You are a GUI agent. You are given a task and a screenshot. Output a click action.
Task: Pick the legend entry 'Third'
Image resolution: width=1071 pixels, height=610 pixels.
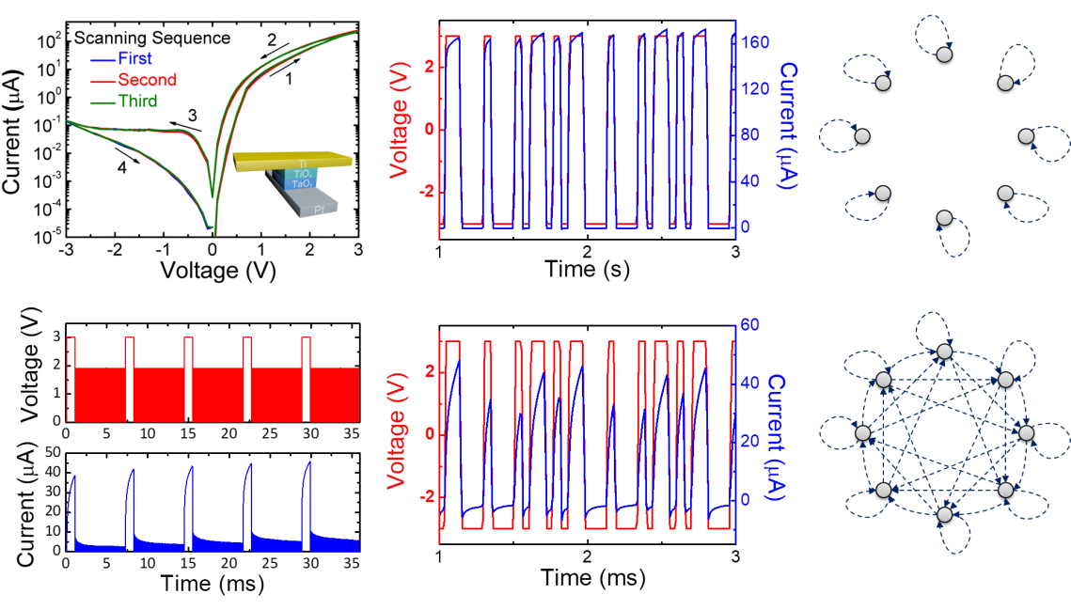pos(131,100)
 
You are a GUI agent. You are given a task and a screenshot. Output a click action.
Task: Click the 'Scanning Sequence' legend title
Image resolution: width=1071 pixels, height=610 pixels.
pos(152,39)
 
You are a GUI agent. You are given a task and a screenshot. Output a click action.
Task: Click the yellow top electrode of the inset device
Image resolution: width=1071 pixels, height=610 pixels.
pos(296,160)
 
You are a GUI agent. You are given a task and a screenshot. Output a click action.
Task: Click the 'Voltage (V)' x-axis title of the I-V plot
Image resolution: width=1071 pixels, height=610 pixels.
pos(212,271)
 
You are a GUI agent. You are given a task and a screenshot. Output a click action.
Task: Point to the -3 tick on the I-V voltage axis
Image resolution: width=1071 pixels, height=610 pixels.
pos(66,249)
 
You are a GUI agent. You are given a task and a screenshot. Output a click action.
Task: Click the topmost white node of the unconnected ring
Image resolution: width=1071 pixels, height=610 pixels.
pos(944,55)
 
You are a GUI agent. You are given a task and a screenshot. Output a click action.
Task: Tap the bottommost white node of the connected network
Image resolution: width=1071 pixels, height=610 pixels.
pos(944,514)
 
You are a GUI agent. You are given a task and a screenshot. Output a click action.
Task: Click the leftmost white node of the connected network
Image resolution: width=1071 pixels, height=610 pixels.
pos(862,432)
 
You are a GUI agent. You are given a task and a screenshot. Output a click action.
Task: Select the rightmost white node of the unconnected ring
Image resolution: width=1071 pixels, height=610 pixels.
pos(1026,136)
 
